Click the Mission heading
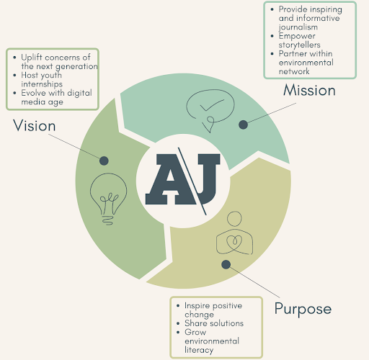pyautogui.click(x=309, y=90)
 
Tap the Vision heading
pyautogui.click(x=35, y=125)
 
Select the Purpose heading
pyautogui.click(x=303, y=309)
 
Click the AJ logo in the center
pyautogui.click(x=182, y=181)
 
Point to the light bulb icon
pyautogui.click(x=108, y=199)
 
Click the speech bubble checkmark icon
pyautogui.click(x=210, y=110)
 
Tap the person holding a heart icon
pyautogui.click(x=234, y=233)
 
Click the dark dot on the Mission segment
pyautogui.click(x=243, y=125)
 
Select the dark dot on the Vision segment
pyautogui.click(x=104, y=161)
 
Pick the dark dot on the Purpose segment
pyautogui.click(x=226, y=264)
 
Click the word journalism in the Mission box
pyautogui.click(x=298, y=27)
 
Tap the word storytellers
pyautogui.click(x=299, y=45)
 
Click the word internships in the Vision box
pyautogui.click(x=42, y=84)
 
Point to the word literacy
pyautogui.click(x=199, y=350)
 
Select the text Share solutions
pyautogui.click(x=214, y=323)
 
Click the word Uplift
pyautogui.click(x=32, y=58)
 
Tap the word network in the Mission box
pyautogui.click(x=294, y=71)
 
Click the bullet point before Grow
pyautogui.click(x=178, y=333)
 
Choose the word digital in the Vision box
pyautogui.click(x=79, y=93)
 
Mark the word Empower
pyautogui.click(x=297, y=36)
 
